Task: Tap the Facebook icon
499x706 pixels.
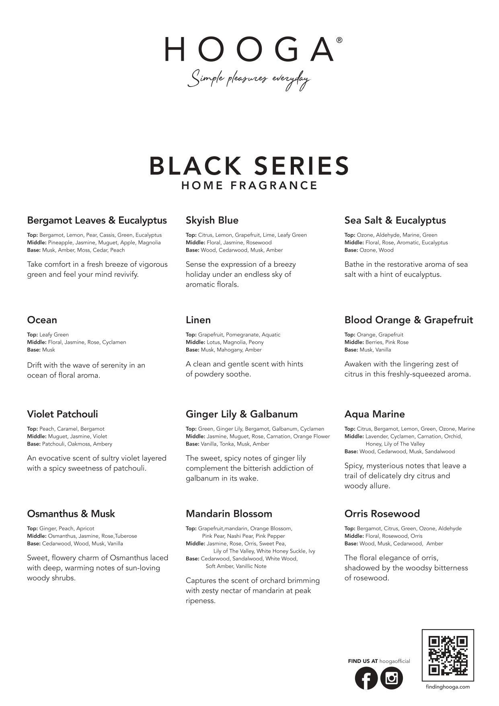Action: coord(366,678)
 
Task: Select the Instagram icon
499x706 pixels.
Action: coord(391,678)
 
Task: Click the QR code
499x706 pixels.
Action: coord(448,655)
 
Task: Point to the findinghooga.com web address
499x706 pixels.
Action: coord(448,687)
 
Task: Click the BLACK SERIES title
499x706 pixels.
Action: coord(249,166)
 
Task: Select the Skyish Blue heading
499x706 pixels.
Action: coord(212,220)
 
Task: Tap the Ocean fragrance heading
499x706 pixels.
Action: coord(42,320)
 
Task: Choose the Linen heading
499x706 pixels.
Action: coord(198,320)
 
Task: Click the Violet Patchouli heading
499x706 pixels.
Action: coord(62,414)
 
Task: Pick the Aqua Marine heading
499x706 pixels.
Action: coord(374,414)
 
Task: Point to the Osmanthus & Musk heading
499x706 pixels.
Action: coord(71,514)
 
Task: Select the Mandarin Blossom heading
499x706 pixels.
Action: coord(229,514)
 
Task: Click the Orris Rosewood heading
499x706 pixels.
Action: coord(382,514)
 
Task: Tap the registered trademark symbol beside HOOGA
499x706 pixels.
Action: coord(339,40)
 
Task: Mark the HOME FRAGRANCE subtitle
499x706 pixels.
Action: coord(249,186)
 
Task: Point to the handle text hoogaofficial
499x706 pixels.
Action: coord(394,661)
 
